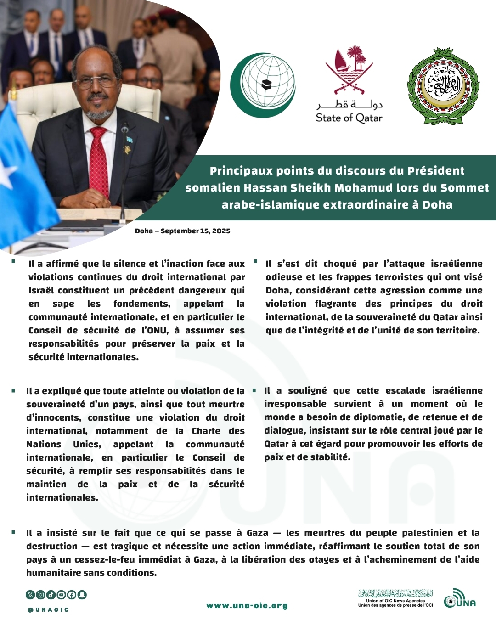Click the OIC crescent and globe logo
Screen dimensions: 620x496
[x=263, y=85]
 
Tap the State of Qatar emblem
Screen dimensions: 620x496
[x=349, y=85]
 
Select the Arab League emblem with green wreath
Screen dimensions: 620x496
[x=443, y=86]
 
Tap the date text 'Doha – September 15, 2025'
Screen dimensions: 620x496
[x=182, y=231]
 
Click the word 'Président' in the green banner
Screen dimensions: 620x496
[x=436, y=171]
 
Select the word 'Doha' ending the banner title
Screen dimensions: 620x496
[x=437, y=205]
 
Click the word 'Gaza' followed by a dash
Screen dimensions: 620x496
[x=257, y=533]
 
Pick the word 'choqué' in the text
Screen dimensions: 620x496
[x=340, y=264]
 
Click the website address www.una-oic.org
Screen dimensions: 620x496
[x=247, y=606]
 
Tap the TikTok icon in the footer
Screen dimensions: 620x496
[x=51, y=595]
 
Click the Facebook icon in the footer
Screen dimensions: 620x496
[x=72, y=595]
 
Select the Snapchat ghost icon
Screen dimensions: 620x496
[x=82, y=595]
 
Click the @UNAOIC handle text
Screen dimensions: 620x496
[x=48, y=610]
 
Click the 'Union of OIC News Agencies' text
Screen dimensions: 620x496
[x=395, y=601]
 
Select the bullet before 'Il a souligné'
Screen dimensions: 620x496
[x=254, y=391]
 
